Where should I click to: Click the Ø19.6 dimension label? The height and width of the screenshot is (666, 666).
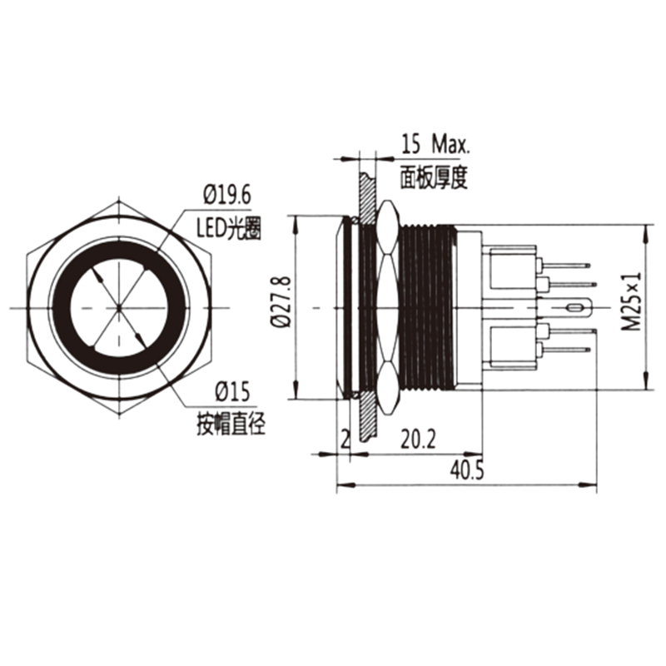227,196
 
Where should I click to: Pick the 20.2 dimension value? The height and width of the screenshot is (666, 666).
419,439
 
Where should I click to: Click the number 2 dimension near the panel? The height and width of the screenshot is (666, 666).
344,439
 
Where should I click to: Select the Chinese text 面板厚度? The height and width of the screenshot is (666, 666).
435,176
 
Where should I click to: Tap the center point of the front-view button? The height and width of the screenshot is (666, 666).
119,308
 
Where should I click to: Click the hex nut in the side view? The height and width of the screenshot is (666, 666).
388,308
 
